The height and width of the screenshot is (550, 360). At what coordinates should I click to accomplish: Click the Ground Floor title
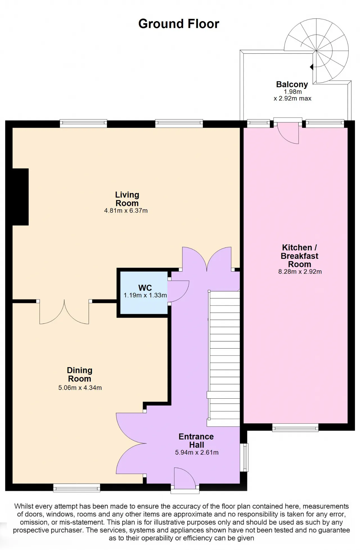pyautogui.click(x=179, y=24)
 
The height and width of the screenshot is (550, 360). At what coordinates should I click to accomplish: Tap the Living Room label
pyautogui.click(x=127, y=199)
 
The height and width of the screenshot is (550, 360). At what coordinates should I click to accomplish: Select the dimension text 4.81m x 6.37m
pyautogui.click(x=126, y=210)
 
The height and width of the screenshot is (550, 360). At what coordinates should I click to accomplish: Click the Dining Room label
pyautogui.click(x=80, y=374)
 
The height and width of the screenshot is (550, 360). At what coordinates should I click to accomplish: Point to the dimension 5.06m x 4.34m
pyautogui.click(x=80, y=388)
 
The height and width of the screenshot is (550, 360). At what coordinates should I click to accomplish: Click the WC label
pyautogui.click(x=145, y=288)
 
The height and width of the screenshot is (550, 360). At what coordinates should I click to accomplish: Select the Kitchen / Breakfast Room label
pyautogui.click(x=300, y=256)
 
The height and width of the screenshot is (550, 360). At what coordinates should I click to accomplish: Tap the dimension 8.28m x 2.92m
pyautogui.click(x=300, y=272)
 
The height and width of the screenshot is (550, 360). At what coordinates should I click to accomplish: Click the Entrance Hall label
pyautogui.click(x=196, y=441)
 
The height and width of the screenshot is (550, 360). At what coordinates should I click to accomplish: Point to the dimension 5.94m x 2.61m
pyautogui.click(x=197, y=452)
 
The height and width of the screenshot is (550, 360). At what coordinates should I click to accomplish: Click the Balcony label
pyautogui.click(x=292, y=84)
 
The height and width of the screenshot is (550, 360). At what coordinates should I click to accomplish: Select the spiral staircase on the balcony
pyautogui.click(x=316, y=51)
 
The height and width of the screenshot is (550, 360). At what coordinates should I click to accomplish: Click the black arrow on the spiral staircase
pyautogui.click(x=311, y=67)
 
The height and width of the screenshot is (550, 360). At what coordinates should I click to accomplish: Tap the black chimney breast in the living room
pyautogui.click(x=21, y=197)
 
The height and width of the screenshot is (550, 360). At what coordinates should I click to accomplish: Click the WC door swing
pyautogui.click(x=178, y=291)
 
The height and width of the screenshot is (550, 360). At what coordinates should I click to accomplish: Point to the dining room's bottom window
pyautogui.click(x=77, y=488)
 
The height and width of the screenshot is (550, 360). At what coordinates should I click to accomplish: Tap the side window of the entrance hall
pyautogui.click(x=246, y=457)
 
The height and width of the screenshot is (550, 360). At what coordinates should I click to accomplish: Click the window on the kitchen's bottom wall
pyautogui.click(x=295, y=428)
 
